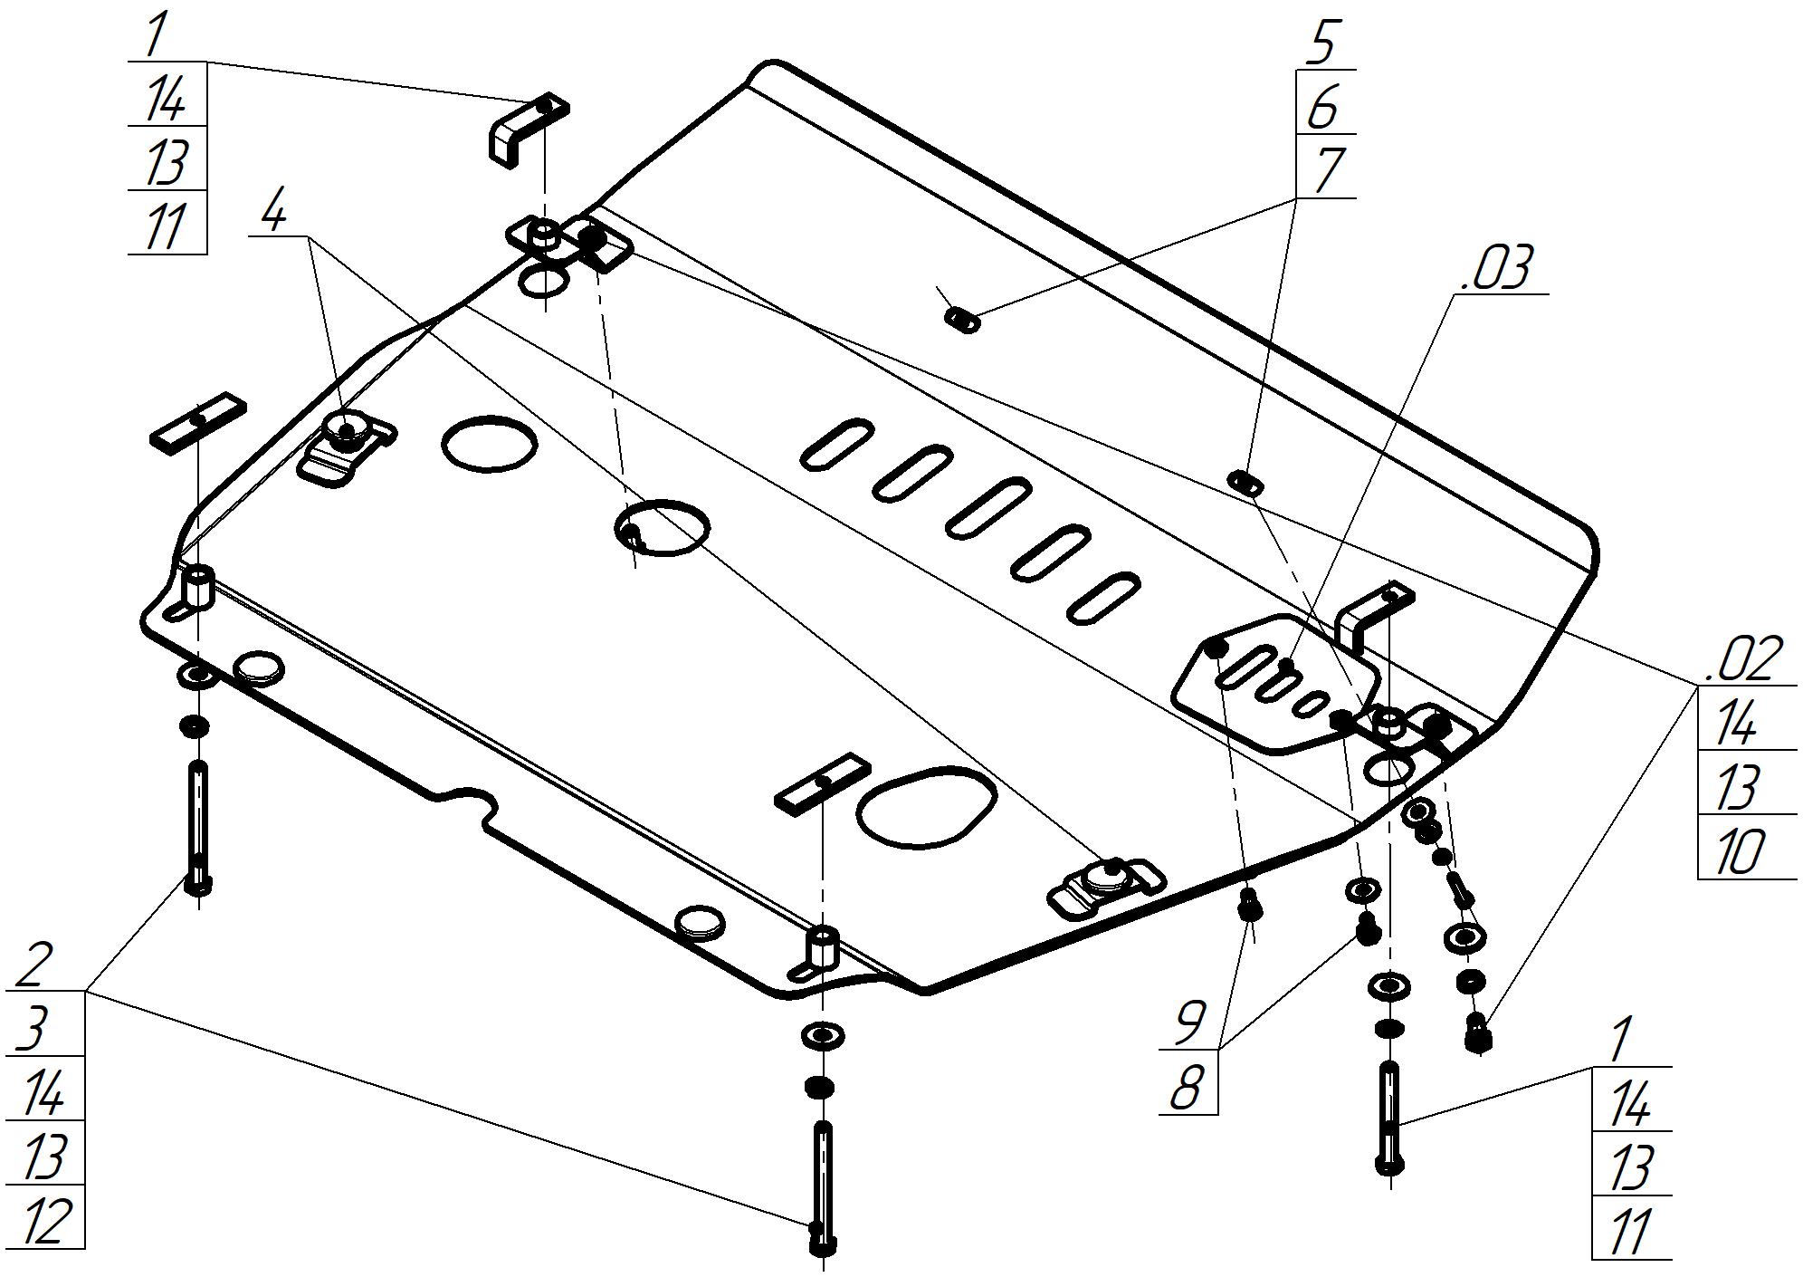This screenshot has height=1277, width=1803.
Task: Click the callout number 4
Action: click(x=273, y=212)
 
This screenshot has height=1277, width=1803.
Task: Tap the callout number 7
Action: click(x=1325, y=170)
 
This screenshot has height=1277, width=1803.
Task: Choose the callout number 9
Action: click(x=1189, y=1022)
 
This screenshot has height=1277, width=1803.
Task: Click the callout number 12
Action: click(x=43, y=1219)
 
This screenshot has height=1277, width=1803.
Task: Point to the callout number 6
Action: click(x=1323, y=108)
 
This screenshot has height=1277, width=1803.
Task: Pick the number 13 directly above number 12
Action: click(x=43, y=1157)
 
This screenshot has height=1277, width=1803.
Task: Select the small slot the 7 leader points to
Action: click(x=962, y=320)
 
